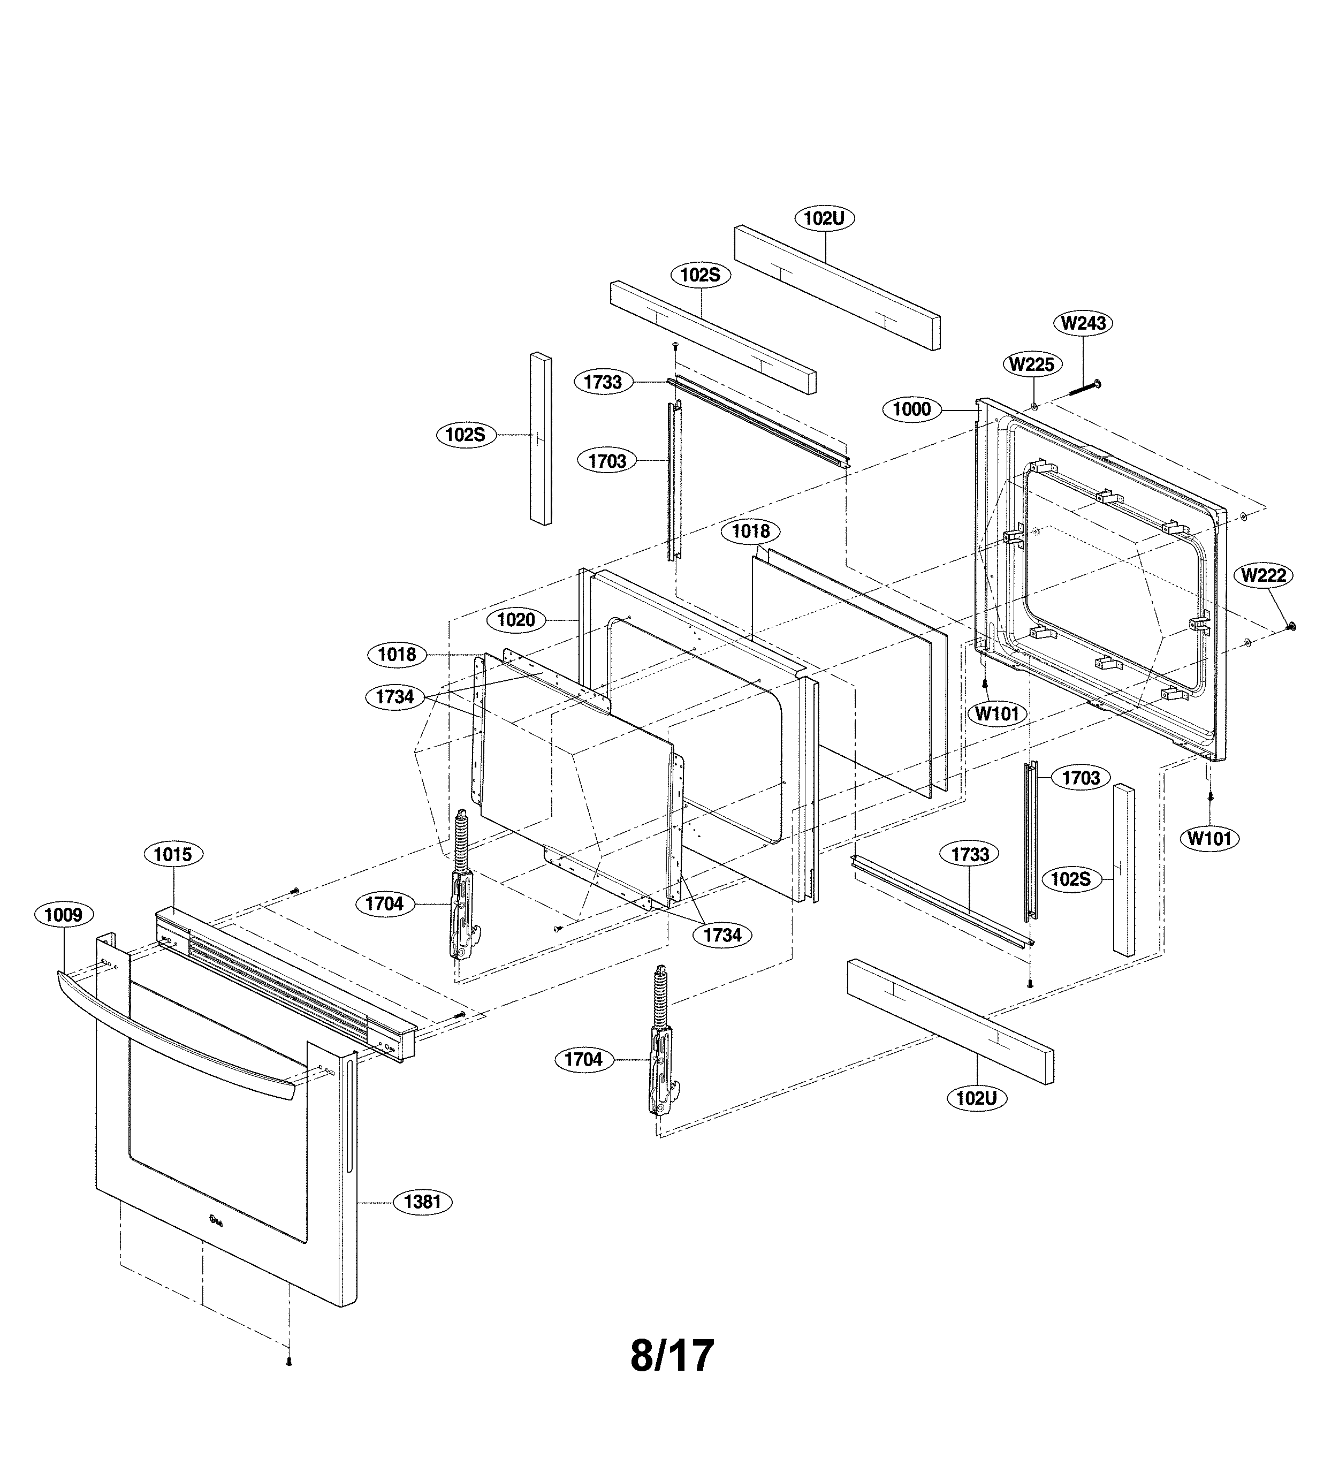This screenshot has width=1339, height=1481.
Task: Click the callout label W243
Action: click(x=1083, y=323)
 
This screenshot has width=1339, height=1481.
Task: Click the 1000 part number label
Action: click(x=911, y=409)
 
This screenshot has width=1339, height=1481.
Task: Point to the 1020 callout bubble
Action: click(x=515, y=620)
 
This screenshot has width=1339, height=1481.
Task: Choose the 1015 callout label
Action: click(x=173, y=854)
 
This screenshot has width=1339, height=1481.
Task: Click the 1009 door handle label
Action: click(x=64, y=915)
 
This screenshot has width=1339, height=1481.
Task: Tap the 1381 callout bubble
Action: click(x=422, y=1202)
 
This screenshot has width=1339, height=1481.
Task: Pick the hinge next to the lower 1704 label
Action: click(x=660, y=1051)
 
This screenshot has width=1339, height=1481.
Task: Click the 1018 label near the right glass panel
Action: click(x=750, y=531)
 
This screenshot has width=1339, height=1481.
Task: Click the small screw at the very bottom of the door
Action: click(x=288, y=1361)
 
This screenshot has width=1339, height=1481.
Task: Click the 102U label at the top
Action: click(x=824, y=218)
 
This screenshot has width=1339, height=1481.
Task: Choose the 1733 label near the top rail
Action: click(x=602, y=382)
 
